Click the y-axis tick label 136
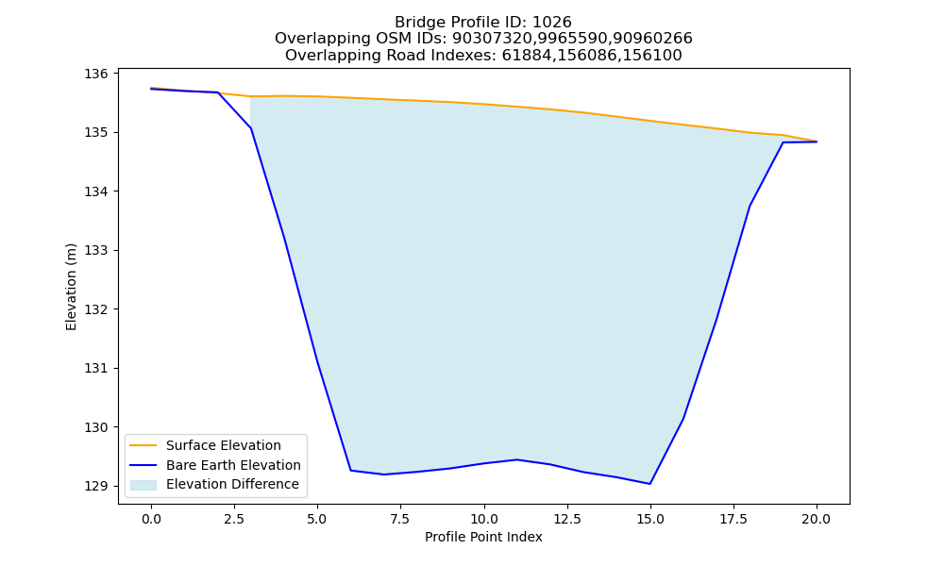pos(95,74)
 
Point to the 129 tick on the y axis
pos(95,486)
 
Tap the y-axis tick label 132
pos(95,309)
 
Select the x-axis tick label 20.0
pos(817,519)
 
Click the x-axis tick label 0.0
pos(151,519)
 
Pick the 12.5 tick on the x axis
pos(567,519)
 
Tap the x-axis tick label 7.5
pos(400,519)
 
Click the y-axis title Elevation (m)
pos(72,287)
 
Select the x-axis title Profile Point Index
pos(483,537)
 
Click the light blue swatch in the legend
pos(143,485)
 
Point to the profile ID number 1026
pos(551,23)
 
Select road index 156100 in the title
pos(653,56)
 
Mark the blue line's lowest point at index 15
pos(650,484)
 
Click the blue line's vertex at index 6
pos(350,471)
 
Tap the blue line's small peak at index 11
pos(516,459)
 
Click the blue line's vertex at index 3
pos(251,128)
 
